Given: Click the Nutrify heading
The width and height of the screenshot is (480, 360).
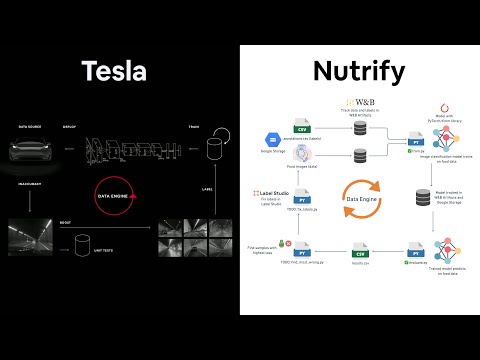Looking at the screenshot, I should click(359, 71).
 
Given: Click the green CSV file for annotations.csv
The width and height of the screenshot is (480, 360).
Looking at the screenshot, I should click(301, 129).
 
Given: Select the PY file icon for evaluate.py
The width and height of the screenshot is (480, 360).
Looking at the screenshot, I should click(412, 253).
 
